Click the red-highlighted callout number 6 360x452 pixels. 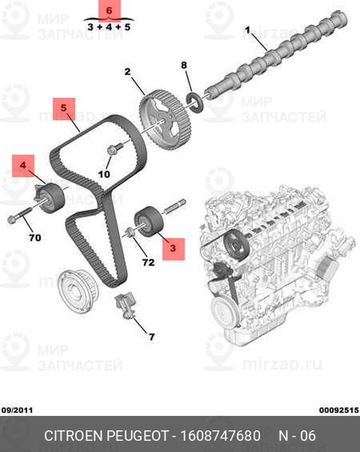109,11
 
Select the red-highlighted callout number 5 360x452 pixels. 64,108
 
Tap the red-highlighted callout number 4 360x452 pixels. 23,165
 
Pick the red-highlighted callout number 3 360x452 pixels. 173,248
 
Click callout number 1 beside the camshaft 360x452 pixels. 248,30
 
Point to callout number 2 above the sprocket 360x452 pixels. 127,72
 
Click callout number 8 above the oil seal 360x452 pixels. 185,65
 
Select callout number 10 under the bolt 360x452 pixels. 104,174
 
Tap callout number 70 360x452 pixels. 35,238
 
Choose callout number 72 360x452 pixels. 148,262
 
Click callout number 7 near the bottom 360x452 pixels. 151,337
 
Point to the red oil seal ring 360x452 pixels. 195,102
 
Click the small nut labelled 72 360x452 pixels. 130,232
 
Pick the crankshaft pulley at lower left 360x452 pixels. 78,292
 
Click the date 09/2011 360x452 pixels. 17,410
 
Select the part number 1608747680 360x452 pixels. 220,436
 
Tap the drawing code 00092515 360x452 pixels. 339,410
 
